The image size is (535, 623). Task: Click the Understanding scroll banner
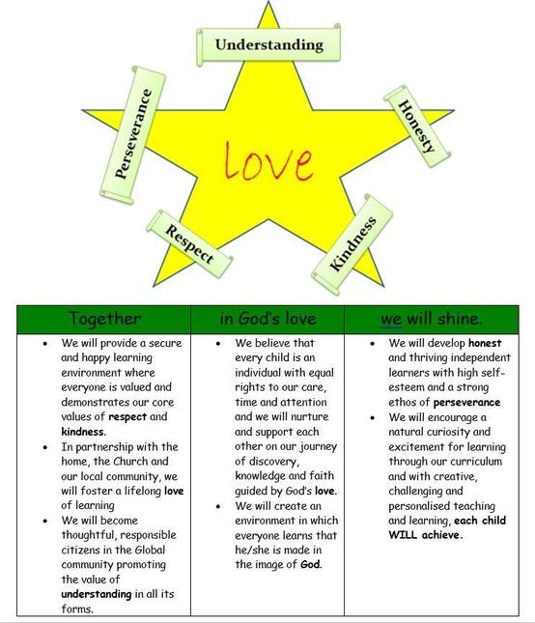click(268, 44)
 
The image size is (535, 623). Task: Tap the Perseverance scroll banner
click(132, 135)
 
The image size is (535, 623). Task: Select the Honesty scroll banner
click(417, 127)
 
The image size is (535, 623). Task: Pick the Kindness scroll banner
click(352, 244)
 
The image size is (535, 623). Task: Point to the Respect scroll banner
click(189, 243)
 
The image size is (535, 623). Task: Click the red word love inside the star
click(268, 161)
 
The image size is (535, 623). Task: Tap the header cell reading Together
click(104, 319)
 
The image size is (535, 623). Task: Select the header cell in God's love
click(267, 319)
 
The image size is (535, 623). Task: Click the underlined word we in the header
click(391, 319)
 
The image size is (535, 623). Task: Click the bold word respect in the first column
click(127, 417)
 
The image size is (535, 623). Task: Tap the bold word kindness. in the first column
click(83, 432)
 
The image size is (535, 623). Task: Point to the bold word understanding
click(97, 594)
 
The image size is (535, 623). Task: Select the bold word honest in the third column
click(485, 343)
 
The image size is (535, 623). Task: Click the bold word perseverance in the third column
click(466, 402)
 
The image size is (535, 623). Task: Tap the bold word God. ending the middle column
click(311, 564)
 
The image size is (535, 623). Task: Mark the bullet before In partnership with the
click(45, 447)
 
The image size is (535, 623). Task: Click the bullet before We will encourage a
click(372, 418)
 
